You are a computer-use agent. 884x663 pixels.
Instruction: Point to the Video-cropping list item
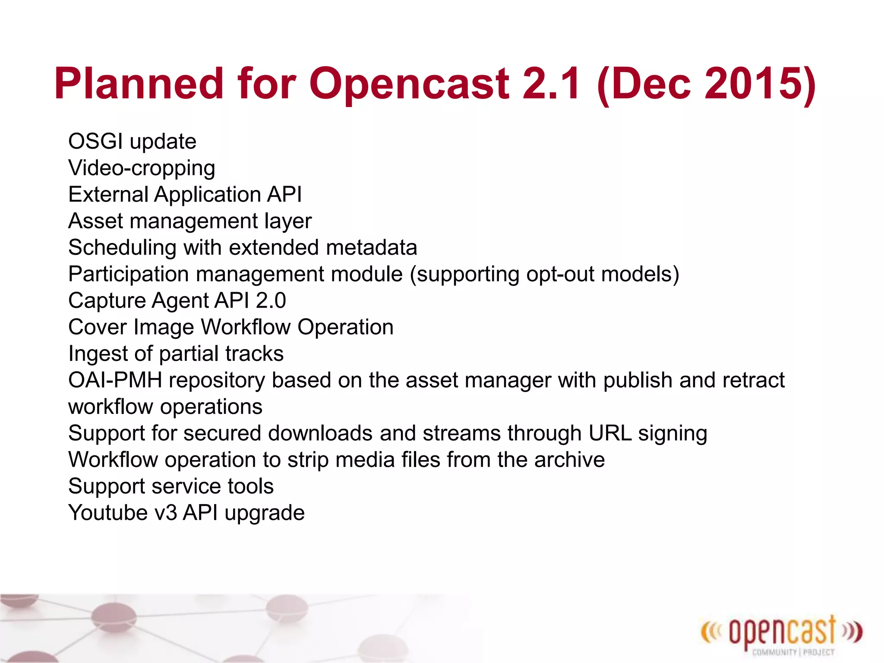coord(142,168)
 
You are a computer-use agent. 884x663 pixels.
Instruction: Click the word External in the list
coord(108,194)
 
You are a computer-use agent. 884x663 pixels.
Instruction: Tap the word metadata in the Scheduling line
coord(371,248)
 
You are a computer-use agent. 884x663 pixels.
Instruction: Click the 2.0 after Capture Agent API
coord(271,301)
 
